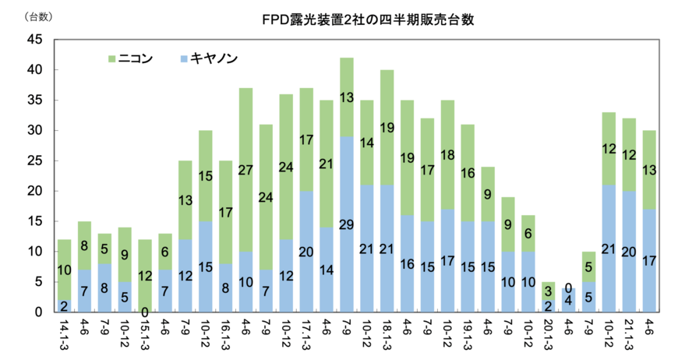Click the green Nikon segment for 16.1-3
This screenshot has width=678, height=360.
(225, 212)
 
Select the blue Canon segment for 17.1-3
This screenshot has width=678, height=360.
(306, 251)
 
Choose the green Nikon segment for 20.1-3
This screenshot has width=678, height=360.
(549, 291)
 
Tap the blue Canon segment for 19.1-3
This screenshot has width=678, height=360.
(468, 266)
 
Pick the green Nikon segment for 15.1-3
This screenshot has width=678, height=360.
(144, 276)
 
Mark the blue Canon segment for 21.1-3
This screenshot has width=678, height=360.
(630, 251)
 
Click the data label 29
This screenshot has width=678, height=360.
(346, 225)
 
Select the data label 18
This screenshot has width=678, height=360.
(447, 155)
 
